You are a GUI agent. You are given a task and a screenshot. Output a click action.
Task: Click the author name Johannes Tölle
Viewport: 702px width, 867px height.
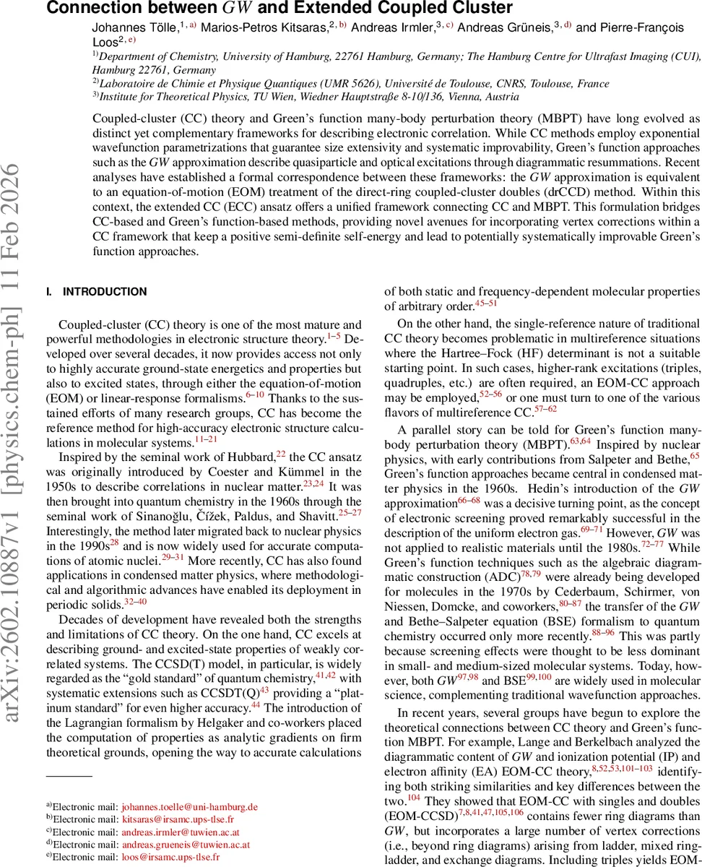pos(134,27)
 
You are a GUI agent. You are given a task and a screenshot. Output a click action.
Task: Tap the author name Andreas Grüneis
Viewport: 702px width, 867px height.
pos(509,27)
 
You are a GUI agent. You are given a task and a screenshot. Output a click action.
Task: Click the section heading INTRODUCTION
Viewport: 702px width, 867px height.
pos(105,292)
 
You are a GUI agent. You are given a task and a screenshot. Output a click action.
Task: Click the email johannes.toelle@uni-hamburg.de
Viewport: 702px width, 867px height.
pos(189,806)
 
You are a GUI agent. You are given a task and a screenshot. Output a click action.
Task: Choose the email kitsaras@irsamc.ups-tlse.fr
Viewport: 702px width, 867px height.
pos(178,819)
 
